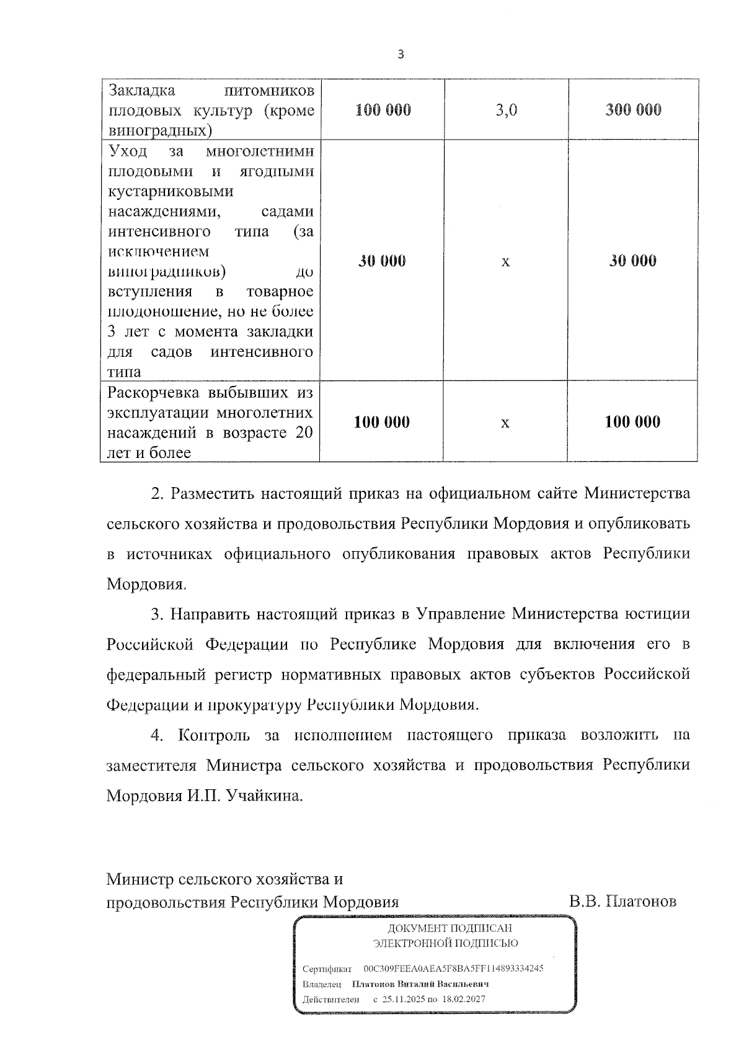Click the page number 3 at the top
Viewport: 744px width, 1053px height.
coord(400,55)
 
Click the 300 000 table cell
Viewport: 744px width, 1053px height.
coord(633,110)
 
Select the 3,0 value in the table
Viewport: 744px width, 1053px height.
coord(507,110)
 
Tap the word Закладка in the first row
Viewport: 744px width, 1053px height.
coord(142,91)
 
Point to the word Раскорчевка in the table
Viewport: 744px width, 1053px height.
coord(147,393)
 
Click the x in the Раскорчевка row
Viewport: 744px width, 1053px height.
coord(505,423)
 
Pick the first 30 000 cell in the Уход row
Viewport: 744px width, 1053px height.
coord(382,261)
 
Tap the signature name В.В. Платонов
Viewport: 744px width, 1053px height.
coord(622,901)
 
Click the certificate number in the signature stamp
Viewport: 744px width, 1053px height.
coord(453,969)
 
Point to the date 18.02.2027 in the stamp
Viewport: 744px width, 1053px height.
coord(464,999)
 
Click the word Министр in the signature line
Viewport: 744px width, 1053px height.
coord(139,879)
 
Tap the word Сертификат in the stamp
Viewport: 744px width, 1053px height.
coord(327,969)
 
